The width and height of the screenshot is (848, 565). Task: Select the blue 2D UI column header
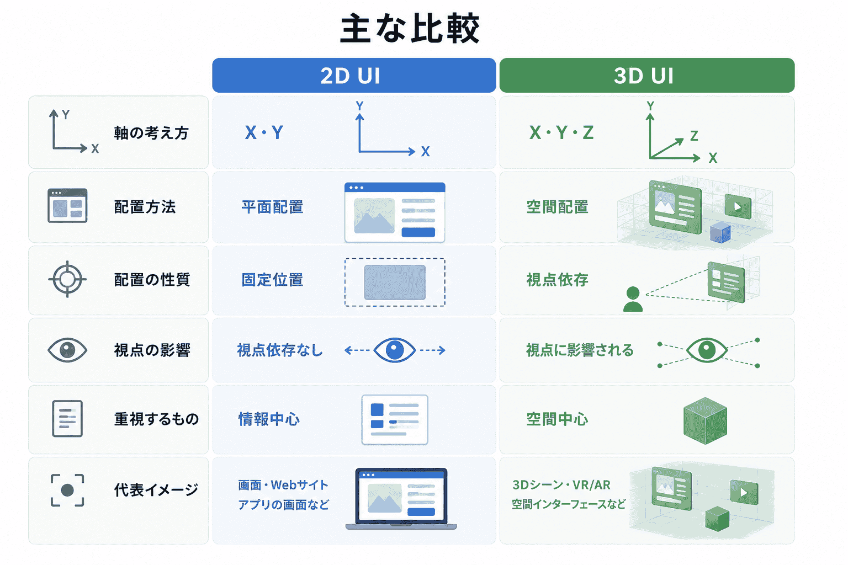point(354,75)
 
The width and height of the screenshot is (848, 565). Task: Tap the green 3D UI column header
point(647,75)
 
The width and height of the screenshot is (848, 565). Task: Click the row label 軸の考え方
point(151,133)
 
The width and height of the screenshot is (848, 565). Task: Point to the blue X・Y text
point(264,133)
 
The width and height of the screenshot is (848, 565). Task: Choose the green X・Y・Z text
point(561,133)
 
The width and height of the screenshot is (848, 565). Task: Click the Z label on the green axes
point(694,136)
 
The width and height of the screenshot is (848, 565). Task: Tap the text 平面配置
point(273,207)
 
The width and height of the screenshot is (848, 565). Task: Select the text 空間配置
point(557,207)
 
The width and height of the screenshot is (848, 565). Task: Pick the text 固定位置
point(273,280)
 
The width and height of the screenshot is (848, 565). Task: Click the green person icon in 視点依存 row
point(633,300)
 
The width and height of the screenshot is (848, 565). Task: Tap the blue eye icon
point(395,350)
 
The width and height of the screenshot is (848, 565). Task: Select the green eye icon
point(707,350)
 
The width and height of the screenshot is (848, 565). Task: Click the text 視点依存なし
point(280,350)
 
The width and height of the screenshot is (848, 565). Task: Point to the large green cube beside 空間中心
point(705,420)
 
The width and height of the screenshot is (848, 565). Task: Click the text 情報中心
point(269,419)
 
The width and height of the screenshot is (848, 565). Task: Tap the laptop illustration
point(401,499)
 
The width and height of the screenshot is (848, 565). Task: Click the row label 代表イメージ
point(156,490)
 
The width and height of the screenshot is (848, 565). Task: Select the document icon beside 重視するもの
point(67,419)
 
